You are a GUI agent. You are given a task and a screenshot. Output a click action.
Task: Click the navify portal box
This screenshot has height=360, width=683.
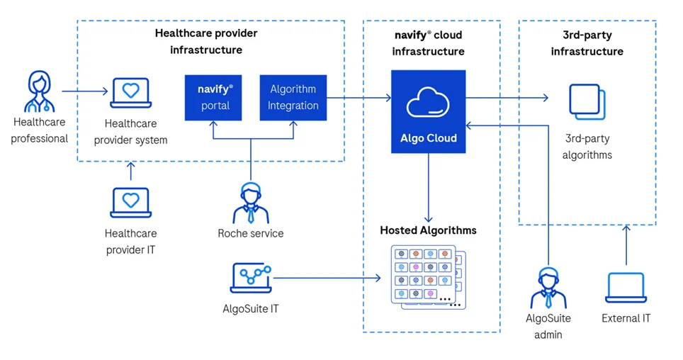(214, 97)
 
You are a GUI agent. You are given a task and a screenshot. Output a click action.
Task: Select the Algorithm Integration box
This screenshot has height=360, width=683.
(293, 97)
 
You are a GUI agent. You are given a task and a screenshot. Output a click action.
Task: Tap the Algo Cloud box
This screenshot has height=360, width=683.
(428, 111)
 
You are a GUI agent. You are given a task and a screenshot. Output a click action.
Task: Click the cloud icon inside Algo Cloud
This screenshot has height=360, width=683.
(428, 103)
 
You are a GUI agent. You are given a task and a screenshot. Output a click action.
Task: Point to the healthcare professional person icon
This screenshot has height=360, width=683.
(39, 92)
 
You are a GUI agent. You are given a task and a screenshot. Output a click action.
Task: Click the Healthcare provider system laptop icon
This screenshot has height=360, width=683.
(130, 93)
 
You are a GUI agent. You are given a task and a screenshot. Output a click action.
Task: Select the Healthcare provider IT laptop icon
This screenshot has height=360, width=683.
(130, 203)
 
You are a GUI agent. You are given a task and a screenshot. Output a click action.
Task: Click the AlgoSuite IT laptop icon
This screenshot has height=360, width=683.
(251, 279)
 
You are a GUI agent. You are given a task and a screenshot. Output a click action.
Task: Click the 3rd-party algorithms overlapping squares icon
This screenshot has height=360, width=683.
(587, 103)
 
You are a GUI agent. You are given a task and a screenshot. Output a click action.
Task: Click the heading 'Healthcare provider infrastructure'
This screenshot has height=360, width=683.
(205, 42)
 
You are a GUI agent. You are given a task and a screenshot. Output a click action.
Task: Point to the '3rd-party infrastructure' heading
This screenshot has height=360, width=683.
(587, 43)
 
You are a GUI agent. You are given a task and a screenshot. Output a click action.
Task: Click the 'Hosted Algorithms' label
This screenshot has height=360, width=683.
(428, 230)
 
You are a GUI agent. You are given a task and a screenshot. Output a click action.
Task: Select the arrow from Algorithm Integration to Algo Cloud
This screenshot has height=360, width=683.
(359, 97)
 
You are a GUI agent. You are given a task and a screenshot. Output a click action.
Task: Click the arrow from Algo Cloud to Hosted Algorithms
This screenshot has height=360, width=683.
(428, 188)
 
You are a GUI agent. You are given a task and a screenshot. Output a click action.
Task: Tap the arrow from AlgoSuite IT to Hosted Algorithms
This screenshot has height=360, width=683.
(326, 278)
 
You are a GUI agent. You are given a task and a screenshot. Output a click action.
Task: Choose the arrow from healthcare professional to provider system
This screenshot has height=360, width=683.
(84, 91)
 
